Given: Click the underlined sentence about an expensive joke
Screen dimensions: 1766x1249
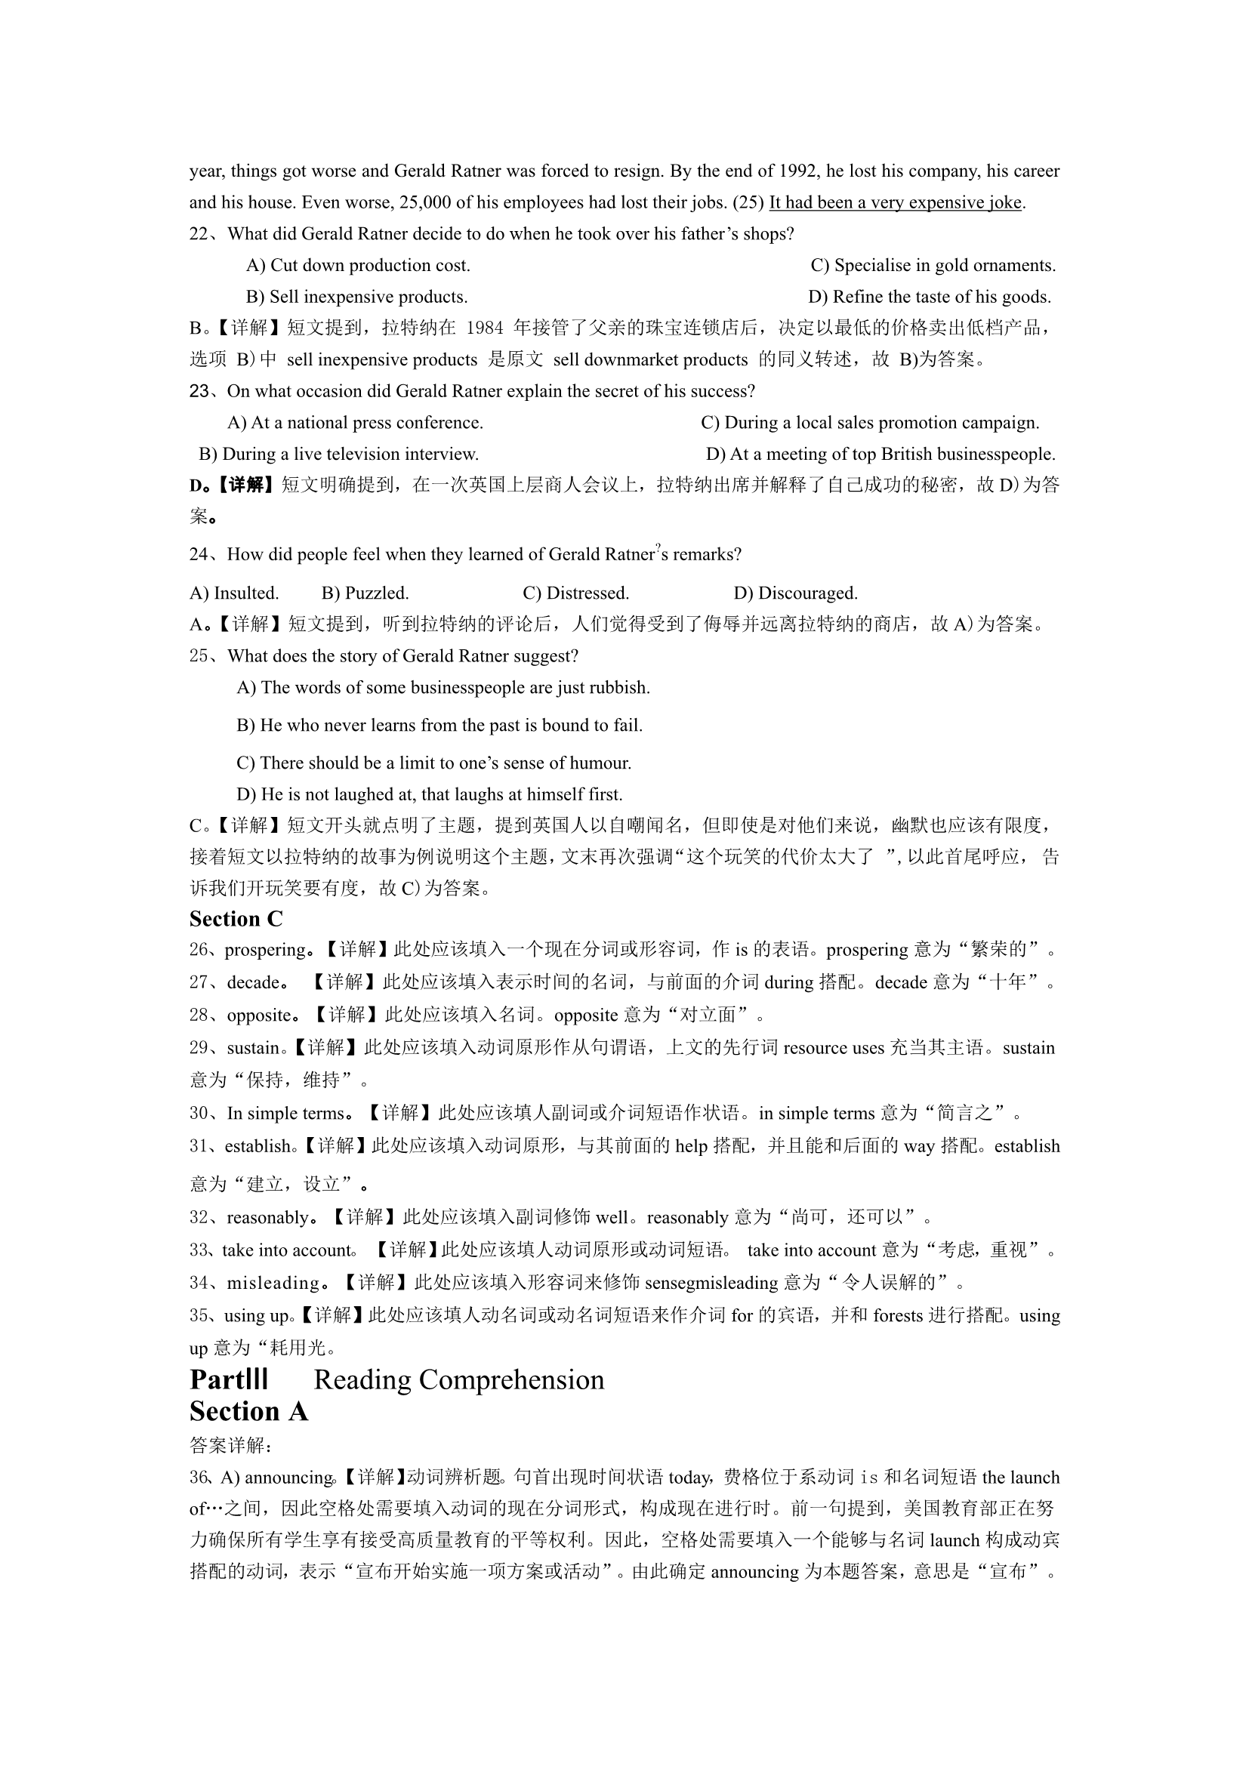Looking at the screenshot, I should pyautogui.click(x=896, y=202).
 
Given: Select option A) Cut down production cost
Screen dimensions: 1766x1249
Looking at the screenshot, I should pyautogui.click(x=358, y=265).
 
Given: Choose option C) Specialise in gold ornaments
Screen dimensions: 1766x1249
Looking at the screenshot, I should pyautogui.click(x=933, y=265).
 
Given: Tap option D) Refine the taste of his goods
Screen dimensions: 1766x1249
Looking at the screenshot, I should pyautogui.click(x=929, y=297).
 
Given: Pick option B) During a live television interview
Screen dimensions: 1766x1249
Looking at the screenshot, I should pyautogui.click(x=338, y=454).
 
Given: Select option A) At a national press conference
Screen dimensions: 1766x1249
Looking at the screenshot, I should pyautogui.click(x=356, y=422).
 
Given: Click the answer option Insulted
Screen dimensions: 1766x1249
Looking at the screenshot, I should pyautogui.click(x=235, y=593).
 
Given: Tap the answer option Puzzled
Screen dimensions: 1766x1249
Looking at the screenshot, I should pyautogui.click(x=365, y=593).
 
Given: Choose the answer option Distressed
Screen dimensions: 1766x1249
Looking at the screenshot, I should pyautogui.click(x=576, y=593).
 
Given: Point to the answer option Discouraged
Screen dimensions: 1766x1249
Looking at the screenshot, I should pyautogui.click(x=796, y=593).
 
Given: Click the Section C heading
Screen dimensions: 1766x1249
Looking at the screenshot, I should pyautogui.click(x=236, y=919).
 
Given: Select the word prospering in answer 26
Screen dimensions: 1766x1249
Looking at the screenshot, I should pyautogui.click(x=265, y=950).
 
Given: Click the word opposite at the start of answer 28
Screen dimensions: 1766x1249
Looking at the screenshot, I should pyautogui.click(x=258, y=1016).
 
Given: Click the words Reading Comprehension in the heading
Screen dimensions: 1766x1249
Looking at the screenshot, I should pyautogui.click(x=459, y=1381).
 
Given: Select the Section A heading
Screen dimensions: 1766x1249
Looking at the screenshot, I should pyautogui.click(x=248, y=1412).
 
